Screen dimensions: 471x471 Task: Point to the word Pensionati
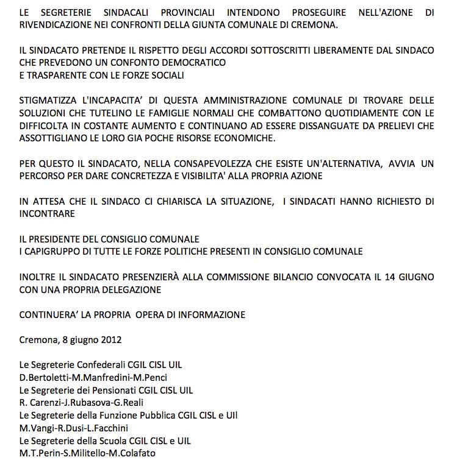[x=103, y=390]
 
